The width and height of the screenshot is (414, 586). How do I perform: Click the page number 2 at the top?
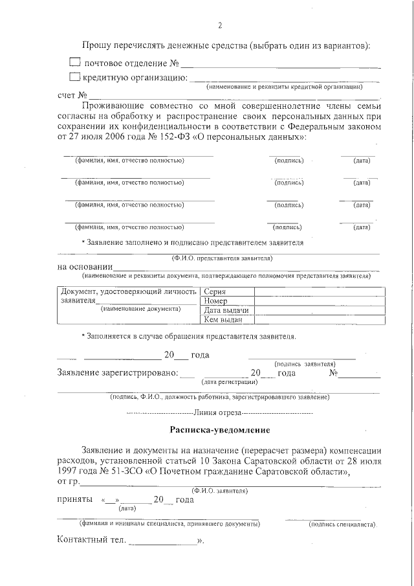coord(219,26)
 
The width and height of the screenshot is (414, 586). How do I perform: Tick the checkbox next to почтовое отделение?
coord(75,63)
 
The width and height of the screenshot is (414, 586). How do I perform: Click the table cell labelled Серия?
coord(214,292)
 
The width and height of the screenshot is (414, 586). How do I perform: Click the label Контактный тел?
coord(92,539)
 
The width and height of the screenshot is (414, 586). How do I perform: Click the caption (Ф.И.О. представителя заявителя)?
coord(222,258)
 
